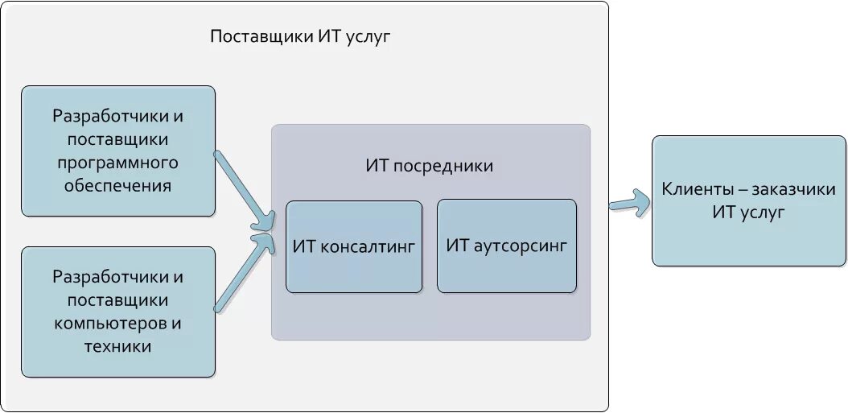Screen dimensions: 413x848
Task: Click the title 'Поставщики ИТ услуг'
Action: (x=299, y=37)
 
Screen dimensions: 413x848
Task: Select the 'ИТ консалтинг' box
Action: (x=354, y=246)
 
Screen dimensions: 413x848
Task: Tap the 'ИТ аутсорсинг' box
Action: (x=507, y=246)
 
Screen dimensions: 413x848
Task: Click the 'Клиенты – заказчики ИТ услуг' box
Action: (x=749, y=201)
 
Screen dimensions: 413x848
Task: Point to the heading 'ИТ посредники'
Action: (x=429, y=166)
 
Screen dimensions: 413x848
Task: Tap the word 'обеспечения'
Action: (x=117, y=186)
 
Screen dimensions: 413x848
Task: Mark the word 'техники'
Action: (x=117, y=347)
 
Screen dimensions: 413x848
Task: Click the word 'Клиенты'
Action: (x=694, y=190)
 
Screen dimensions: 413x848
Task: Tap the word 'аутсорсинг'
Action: (x=520, y=246)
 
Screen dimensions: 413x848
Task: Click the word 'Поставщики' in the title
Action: (x=260, y=37)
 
